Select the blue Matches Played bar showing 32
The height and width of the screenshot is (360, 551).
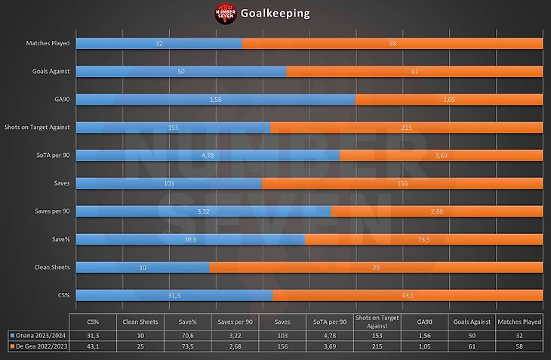pyautogui.click(x=159, y=44)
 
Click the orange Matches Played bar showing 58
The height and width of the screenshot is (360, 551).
pyautogui.click(x=392, y=44)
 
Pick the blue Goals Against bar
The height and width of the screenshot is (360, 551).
pyautogui.click(x=181, y=71)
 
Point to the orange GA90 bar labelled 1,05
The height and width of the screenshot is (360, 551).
pyautogui.click(x=448, y=99)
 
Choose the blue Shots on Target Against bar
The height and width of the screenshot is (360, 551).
pyautogui.click(x=173, y=128)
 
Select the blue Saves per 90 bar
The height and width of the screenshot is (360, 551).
pyautogui.click(x=203, y=211)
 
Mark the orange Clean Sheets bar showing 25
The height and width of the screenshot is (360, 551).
pyautogui.click(x=375, y=267)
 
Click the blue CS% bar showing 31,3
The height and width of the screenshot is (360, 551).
pyautogui.click(x=174, y=295)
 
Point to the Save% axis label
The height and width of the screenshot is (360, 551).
pyautogui.click(x=60, y=239)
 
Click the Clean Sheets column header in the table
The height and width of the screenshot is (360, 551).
pyautogui.click(x=140, y=322)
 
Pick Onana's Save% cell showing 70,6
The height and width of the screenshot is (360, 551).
pyautogui.click(x=186, y=335)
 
